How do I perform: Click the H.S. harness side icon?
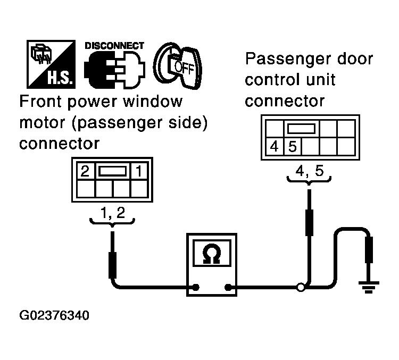51,64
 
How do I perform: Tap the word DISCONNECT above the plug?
114,46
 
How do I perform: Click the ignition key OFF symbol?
178,65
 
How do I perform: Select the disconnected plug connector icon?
114,70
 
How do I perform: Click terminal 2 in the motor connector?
85,171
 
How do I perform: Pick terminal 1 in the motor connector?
139,171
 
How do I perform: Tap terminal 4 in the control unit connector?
274,147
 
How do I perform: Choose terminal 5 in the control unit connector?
293,147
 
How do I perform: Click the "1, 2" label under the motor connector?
113,213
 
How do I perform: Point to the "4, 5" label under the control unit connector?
310,171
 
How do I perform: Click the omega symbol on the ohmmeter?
211,254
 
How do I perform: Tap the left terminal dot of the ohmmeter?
196,288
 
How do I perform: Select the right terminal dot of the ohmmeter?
228,288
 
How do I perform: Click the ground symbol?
369,287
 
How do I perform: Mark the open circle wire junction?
301,288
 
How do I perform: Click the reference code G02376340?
54,315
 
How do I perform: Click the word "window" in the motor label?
153,101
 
